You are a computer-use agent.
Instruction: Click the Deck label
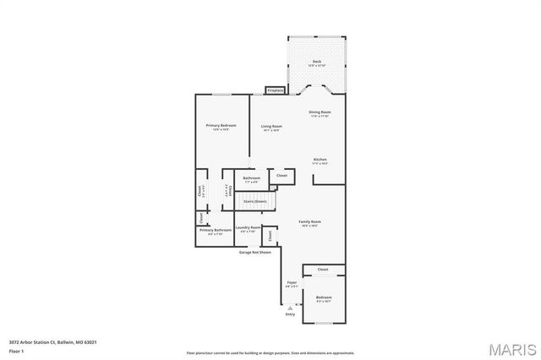click(317, 63)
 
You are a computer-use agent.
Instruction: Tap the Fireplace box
click(275, 90)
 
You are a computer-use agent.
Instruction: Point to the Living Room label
click(271, 128)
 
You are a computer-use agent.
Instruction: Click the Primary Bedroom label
click(221, 127)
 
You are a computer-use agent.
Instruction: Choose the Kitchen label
click(320, 161)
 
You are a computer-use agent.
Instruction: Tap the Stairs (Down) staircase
click(254, 202)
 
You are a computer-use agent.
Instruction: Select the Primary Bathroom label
click(216, 232)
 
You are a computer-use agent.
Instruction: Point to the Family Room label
click(309, 223)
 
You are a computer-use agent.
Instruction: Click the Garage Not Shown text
click(254, 252)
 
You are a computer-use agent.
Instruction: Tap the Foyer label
click(292, 284)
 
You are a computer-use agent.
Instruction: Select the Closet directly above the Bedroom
click(323, 270)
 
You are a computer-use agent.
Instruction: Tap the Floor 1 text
click(17, 350)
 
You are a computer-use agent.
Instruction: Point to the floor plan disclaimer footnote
click(270, 352)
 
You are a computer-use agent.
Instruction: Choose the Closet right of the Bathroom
click(281, 176)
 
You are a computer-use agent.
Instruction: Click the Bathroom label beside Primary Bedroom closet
click(251, 179)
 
